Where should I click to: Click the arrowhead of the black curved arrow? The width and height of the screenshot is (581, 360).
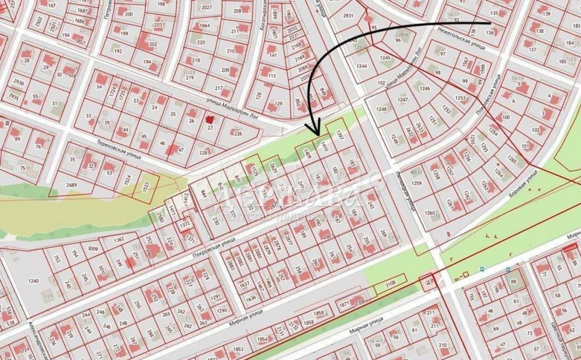(x=317, y=130)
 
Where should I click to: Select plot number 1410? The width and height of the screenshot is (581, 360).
(x=324, y=149)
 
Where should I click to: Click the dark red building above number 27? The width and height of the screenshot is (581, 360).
(x=209, y=119)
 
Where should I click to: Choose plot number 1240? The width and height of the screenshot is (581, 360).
(x=33, y=281)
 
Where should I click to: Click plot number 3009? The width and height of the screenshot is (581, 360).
(x=92, y=249)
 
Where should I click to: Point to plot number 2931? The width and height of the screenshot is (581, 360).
(x=348, y=16)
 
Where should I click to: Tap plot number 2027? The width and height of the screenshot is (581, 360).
(x=206, y=8)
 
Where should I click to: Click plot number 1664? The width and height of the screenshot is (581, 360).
(x=205, y=26)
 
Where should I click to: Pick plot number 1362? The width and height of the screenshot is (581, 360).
(x=119, y=239)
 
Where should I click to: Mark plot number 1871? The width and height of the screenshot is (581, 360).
(x=344, y=304)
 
